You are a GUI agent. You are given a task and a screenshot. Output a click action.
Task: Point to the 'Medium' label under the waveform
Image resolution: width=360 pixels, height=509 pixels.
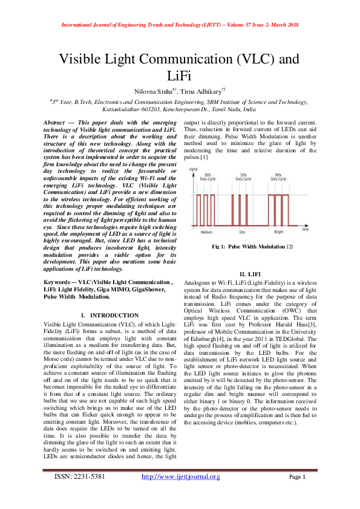[206, 232]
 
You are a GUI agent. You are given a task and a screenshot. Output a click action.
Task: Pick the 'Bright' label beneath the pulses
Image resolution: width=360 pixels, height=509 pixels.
[278, 232]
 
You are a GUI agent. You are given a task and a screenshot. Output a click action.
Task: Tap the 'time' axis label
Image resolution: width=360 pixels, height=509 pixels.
[306, 230]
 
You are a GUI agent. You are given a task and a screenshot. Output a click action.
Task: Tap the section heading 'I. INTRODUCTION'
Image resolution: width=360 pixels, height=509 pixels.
[110, 316]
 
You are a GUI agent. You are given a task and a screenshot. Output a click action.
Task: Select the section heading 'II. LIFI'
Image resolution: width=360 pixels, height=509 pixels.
[252, 274]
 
